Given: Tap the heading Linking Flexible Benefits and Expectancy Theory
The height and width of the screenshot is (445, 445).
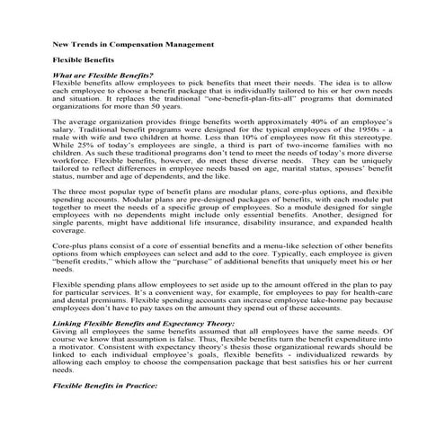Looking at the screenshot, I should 145,323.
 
